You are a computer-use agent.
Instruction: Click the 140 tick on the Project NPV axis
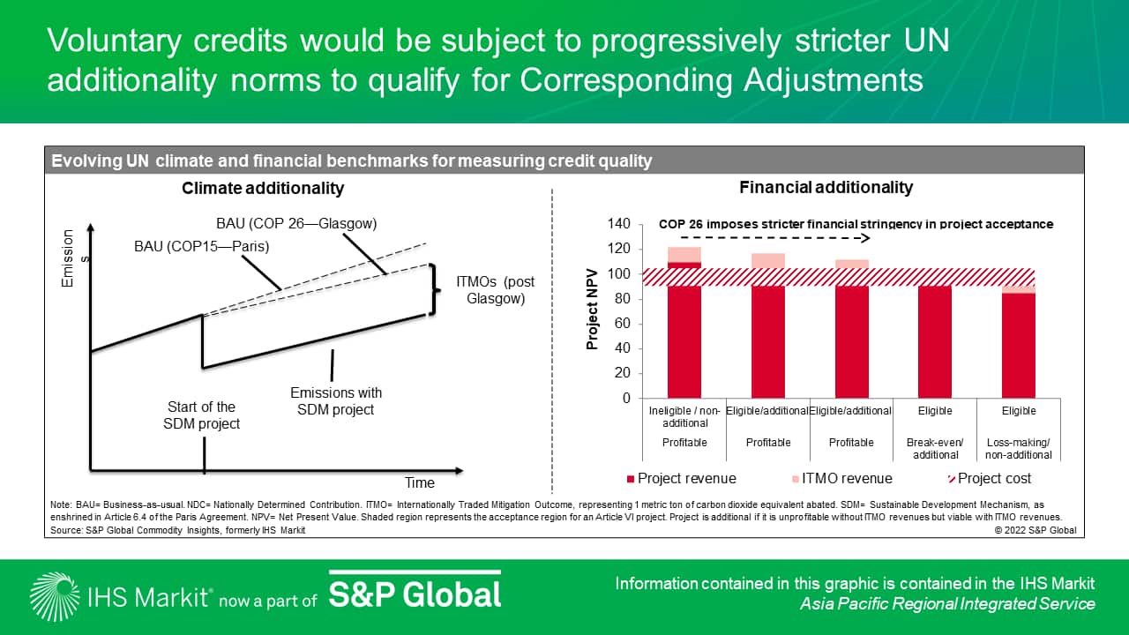tap(619, 223)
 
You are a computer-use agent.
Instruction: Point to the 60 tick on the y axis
tap(623, 323)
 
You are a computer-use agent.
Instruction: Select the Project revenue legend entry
tap(682, 478)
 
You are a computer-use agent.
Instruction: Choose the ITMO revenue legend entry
tap(842, 478)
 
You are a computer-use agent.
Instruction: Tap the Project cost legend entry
tap(990, 478)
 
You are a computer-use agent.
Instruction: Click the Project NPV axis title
tap(592, 309)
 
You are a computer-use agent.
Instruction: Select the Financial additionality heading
tap(826, 188)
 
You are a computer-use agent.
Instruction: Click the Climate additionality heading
tap(263, 188)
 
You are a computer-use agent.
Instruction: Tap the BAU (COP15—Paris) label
tap(202, 246)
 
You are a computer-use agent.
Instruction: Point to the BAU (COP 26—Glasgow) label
tap(296, 223)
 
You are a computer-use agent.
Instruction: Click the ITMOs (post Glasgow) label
tap(496, 290)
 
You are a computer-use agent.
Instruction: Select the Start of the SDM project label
tap(201, 415)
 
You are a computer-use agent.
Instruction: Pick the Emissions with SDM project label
tap(336, 401)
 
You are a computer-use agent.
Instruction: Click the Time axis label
tap(419, 482)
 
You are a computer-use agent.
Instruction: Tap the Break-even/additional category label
tap(935, 449)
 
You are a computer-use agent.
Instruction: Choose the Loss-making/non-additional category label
tap(1019, 449)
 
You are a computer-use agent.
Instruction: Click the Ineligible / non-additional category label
tap(684, 417)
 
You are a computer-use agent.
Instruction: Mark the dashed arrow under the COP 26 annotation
tap(775, 238)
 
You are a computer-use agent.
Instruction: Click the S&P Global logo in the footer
tap(415, 592)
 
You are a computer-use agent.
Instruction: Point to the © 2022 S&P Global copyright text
tap(1036, 530)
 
